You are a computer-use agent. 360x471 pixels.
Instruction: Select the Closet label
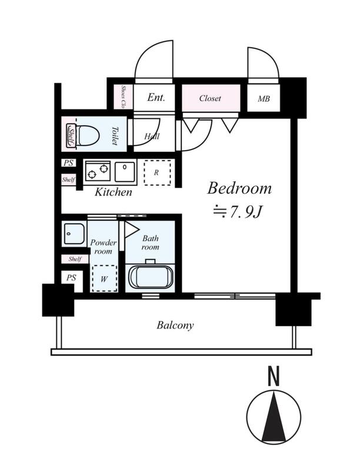point(210,98)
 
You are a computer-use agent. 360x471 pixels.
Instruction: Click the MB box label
point(264,98)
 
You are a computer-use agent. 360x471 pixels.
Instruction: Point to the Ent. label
point(156,98)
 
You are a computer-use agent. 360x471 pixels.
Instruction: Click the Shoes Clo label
point(124,97)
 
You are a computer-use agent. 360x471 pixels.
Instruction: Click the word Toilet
point(115,136)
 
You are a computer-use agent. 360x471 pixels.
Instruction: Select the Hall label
point(151,137)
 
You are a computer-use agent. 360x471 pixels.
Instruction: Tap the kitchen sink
point(125,172)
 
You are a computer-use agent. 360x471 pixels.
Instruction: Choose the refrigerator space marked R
point(157,173)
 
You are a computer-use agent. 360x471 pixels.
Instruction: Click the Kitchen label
point(114,192)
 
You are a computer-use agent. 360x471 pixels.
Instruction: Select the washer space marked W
point(104,279)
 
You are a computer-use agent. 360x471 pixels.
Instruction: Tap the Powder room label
point(103,247)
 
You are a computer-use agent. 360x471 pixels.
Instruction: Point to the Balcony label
point(175,325)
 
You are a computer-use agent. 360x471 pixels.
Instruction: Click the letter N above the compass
point(273,377)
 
